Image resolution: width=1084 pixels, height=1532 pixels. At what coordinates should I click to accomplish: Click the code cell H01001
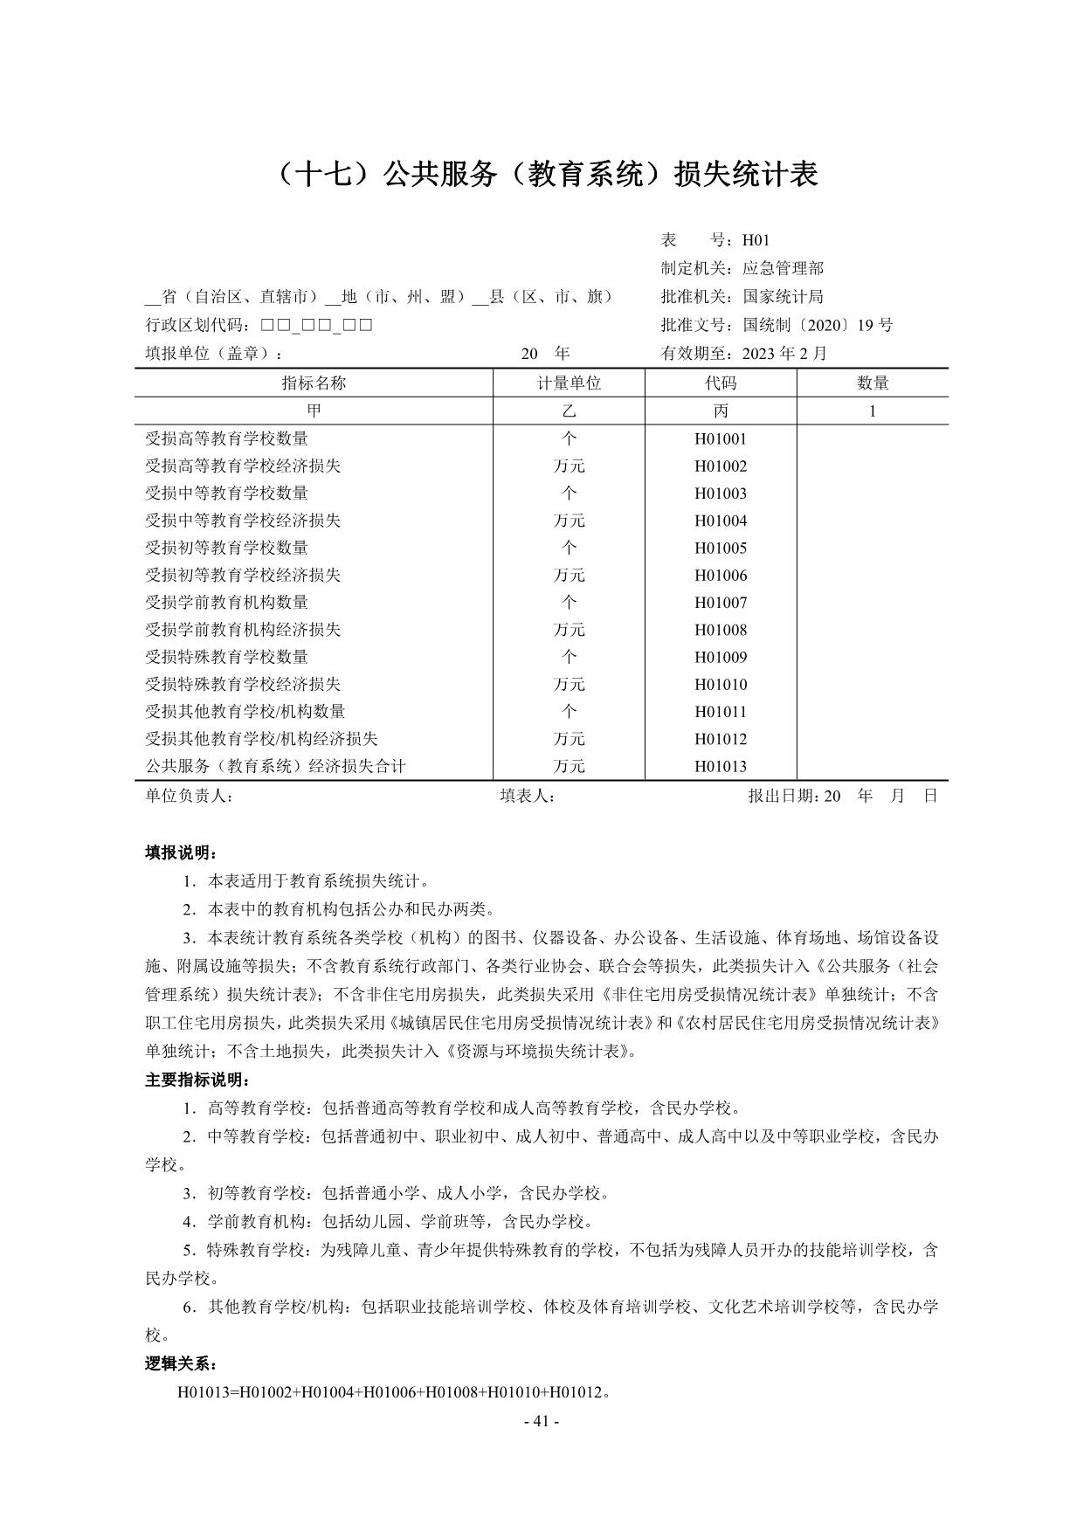(x=721, y=438)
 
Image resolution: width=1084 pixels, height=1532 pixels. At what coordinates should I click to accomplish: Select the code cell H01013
(x=721, y=766)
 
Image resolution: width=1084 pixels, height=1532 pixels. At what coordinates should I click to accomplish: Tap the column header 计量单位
(x=569, y=383)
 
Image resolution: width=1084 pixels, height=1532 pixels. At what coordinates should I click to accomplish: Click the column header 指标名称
(x=314, y=383)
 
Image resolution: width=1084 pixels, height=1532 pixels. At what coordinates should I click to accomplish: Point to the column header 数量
(x=872, y=383)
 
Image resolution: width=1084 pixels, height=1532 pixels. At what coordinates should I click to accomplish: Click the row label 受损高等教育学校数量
(x=226, y=438)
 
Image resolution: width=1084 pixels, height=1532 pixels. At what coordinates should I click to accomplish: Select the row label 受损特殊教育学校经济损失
(x=243, y=684)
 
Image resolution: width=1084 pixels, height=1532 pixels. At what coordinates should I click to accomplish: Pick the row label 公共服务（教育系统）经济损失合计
(x=275, y=766)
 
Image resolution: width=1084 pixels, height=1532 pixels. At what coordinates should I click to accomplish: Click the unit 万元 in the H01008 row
(x=569, y=630)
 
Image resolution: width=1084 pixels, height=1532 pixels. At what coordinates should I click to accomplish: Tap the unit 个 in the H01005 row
(x=569, y=548)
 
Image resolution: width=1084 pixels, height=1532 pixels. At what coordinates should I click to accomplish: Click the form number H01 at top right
(x=756, y=240)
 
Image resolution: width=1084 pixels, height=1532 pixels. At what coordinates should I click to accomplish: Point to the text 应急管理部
(x=783, y=268)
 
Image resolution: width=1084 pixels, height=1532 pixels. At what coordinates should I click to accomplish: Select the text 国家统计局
(x=783, y=297)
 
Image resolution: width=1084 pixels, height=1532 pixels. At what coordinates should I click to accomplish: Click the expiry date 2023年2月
(x=784, y=354)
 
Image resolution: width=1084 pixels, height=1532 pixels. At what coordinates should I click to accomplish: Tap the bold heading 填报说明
(x=181, y=852)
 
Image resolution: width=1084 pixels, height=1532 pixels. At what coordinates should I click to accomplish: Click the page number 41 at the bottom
(x=541, y=1421)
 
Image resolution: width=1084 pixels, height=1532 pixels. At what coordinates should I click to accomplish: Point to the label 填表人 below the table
(x=527, y=796)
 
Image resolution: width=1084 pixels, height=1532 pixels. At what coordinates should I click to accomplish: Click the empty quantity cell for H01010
(x=872, y=684)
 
